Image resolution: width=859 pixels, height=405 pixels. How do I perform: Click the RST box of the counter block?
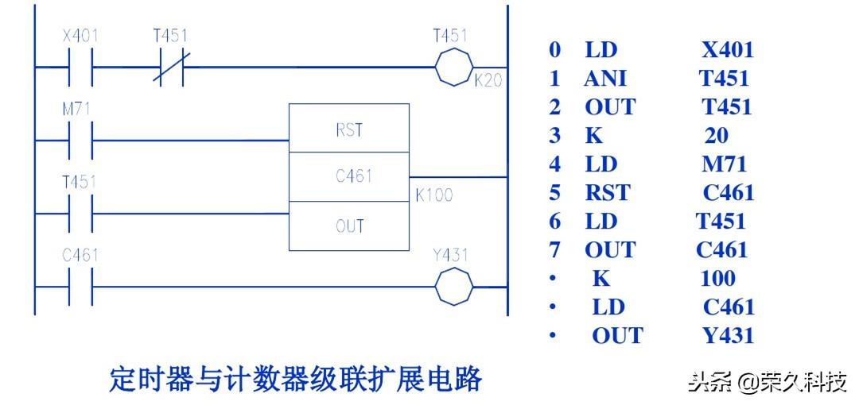[x=349, y=129]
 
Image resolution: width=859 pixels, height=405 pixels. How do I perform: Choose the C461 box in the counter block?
[x=349, y=177]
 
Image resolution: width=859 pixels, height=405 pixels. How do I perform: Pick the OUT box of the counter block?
[x=349, y=226]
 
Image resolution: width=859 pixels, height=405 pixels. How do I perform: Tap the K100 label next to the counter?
[x=434, y=195]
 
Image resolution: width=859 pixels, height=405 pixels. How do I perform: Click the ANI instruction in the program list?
[x=605, y=79]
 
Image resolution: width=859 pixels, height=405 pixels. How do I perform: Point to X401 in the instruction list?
[x=727, y=50]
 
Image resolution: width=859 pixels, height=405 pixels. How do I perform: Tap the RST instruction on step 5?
[x=607, y=193]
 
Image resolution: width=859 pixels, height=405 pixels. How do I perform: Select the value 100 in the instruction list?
[x=717, y=279]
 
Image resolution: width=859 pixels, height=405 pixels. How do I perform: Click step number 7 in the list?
[x=554, y=250]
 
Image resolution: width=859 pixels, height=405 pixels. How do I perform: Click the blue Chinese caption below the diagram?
[x=295, y=380]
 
